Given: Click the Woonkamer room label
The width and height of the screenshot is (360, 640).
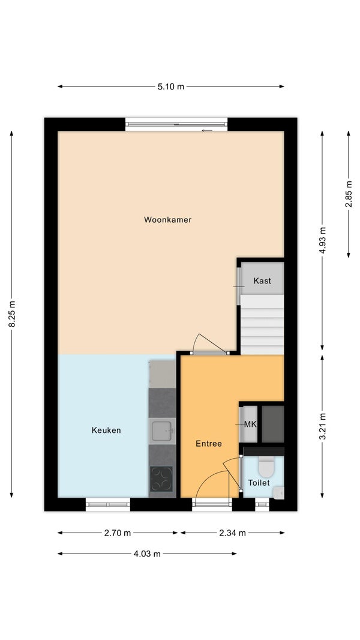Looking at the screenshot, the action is point(167,220).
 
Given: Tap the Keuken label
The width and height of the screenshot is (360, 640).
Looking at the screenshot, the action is point(106,430).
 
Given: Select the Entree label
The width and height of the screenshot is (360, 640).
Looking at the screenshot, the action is point(209,444).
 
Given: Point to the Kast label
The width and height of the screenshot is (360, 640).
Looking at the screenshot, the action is point(262,281).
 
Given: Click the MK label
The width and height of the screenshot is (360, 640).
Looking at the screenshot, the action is point(250,424).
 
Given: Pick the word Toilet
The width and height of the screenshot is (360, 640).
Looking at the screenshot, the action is point(259,483).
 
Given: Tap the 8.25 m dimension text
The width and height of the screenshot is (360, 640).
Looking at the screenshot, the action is point(12,313).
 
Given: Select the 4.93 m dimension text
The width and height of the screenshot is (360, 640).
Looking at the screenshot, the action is point(322,241).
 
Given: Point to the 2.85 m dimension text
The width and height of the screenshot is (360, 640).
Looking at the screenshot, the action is point(349,195).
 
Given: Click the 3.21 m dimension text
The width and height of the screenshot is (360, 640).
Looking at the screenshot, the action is point(322,426).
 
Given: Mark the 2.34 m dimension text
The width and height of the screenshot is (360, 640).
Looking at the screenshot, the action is point(233,533).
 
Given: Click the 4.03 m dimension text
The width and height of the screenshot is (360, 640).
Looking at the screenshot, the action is point(147,554).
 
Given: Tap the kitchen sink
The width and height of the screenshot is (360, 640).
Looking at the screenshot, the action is point(163,431).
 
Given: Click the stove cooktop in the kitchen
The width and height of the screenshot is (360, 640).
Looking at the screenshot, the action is point(161,478).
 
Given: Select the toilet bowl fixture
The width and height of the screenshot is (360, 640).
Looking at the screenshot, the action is point(267,466).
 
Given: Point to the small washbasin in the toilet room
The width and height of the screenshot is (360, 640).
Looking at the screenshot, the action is point(279,493).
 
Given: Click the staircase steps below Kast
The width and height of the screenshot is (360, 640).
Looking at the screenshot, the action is point(262,324).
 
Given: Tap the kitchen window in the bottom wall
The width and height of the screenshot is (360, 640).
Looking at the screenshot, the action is point(108,504).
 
